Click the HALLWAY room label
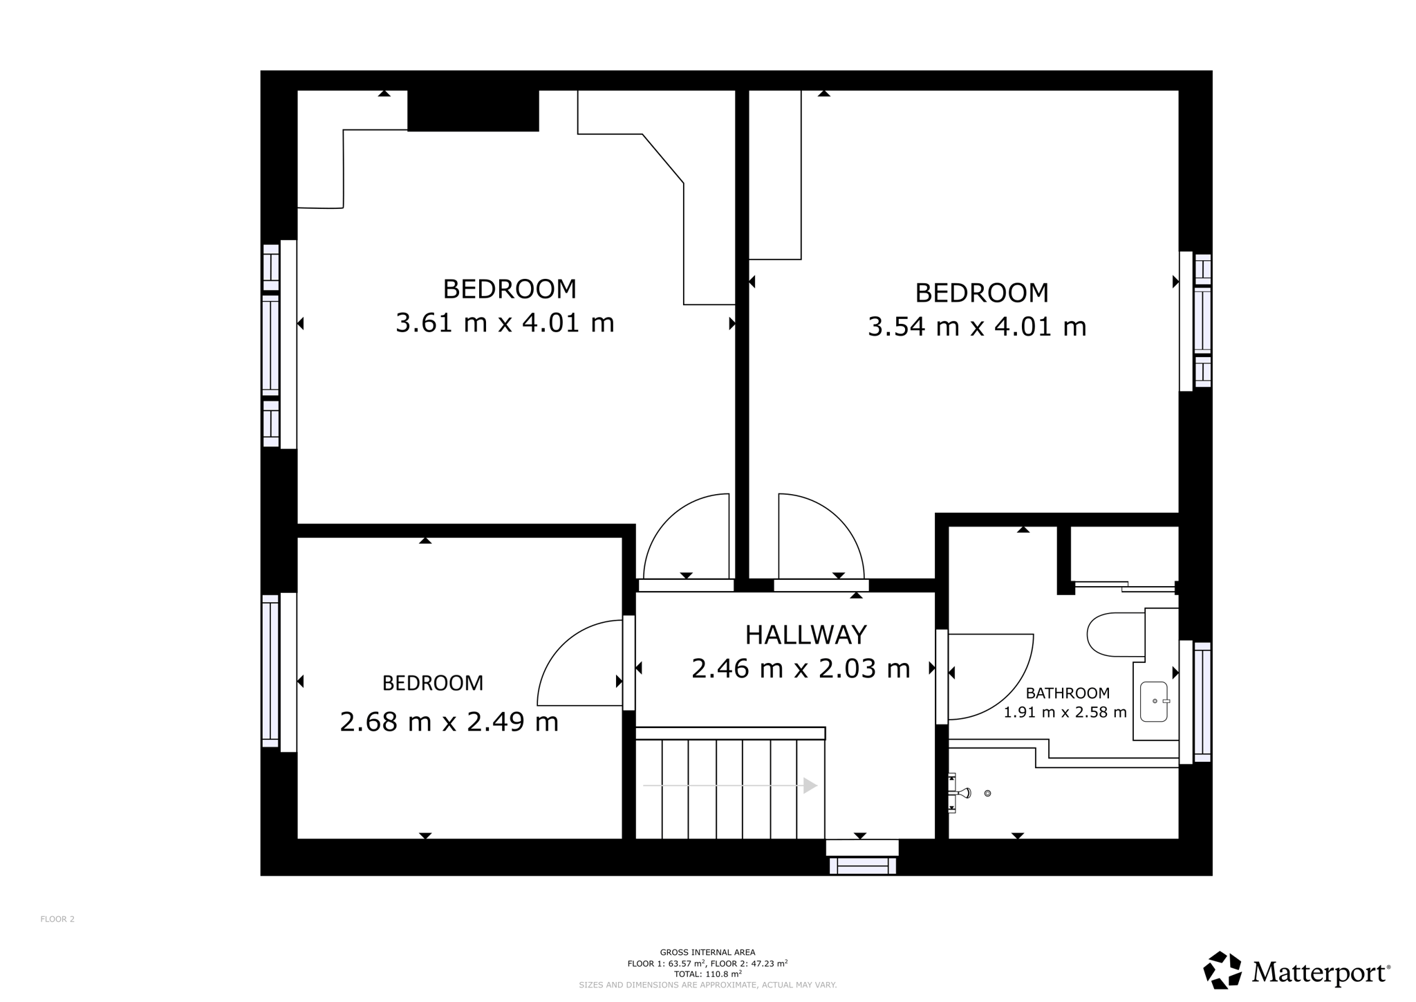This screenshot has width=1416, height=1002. [x=805, y=635]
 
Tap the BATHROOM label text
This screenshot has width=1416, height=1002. [x=1068, y=693]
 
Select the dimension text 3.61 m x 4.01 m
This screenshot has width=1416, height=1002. [x=505, y=323]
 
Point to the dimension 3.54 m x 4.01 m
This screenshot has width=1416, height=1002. [x=977, y=327]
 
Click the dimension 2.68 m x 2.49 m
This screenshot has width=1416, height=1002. [x=449, y=722]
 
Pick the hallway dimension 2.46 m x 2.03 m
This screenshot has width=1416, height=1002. [x=801, y=668]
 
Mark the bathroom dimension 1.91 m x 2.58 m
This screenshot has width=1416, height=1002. [x=1065, y=712]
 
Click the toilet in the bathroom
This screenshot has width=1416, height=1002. [x=1116, y=634]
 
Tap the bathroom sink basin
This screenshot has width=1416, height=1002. [x=1154, y=702]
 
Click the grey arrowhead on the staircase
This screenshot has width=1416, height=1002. [x=810, y=785]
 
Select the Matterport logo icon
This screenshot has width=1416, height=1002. [x=1222, y=970]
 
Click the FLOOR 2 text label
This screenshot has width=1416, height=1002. [x=57, y=919]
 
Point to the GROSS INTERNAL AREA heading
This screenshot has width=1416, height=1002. [x=707, y=952]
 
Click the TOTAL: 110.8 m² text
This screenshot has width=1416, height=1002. [x=707, y=973]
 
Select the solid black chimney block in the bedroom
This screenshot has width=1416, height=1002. [x=473, y=111]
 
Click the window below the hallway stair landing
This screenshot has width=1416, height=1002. [x=863, y=865]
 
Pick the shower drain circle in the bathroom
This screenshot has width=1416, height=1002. [x=987, y=793]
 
